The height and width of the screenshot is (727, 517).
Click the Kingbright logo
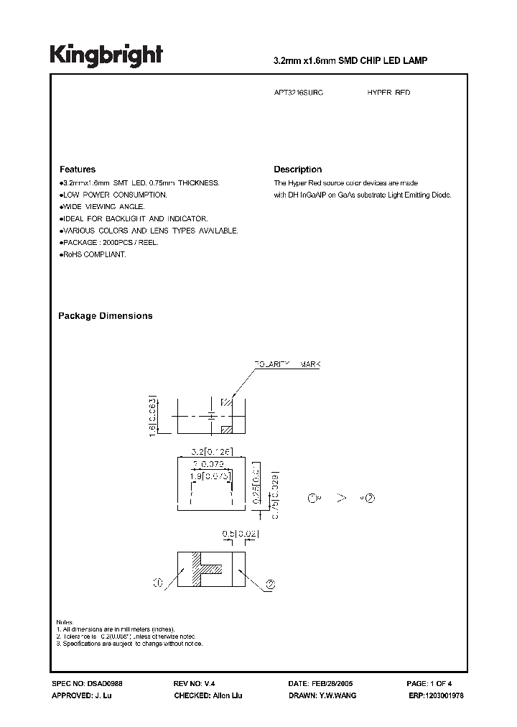coord(106,56)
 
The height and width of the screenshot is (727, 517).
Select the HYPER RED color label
coord(388,93)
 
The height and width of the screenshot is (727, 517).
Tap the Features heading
coord(77,170)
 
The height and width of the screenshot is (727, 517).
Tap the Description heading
coord(297,170)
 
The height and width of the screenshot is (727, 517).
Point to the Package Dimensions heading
coord(105,316)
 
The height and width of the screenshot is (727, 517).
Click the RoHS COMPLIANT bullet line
coord(93,255)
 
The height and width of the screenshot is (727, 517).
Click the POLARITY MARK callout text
coord(287,365)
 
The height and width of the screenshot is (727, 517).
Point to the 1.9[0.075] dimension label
coord(211,475)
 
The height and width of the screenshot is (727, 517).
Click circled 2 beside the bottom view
coord(270,585)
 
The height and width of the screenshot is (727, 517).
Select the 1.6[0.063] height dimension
coord(152,415)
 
